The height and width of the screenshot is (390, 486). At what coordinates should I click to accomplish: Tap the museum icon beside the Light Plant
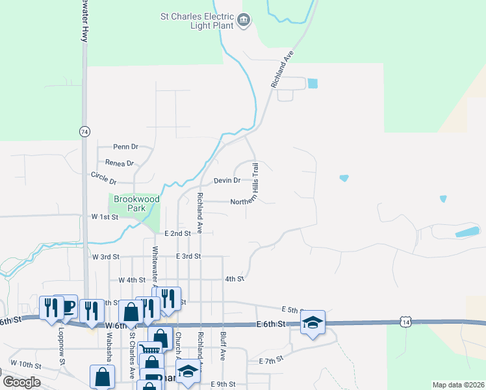pyautogui.click(x=244, y=21)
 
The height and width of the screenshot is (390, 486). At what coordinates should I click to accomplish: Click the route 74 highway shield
pyautogui.click(x=84, y=131)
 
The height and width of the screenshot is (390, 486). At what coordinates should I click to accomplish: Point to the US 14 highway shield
pyautogui.click(x=405, y=322)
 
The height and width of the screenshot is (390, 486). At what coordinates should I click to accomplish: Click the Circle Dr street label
pyautogui.click(x=103, y=177)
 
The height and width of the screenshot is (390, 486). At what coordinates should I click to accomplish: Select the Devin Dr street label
pyautogui.click(x=227, y=180)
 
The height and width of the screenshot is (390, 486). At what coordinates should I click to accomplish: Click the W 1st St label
pyautogui.click(x=105, y=216)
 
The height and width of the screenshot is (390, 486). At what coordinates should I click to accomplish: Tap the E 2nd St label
pyautogui.click(x=177, y=233)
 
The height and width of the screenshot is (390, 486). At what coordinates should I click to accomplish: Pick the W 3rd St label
pyautogui.click(x=106, y=257)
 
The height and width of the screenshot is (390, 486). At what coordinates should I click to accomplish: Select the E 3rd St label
pyautogui.click(x=188, y=257)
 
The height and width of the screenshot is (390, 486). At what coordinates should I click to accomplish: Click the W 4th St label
pyautogui.click(x=131, y=279)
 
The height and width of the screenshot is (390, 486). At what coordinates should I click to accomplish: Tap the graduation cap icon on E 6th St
pyautogui.click(x=313, y=322)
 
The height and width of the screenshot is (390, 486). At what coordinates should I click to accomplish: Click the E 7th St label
pyautogui.click(x=272, y=360)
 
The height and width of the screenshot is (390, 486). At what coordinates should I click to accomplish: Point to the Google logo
pyautogui.click(x=21, y=382)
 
